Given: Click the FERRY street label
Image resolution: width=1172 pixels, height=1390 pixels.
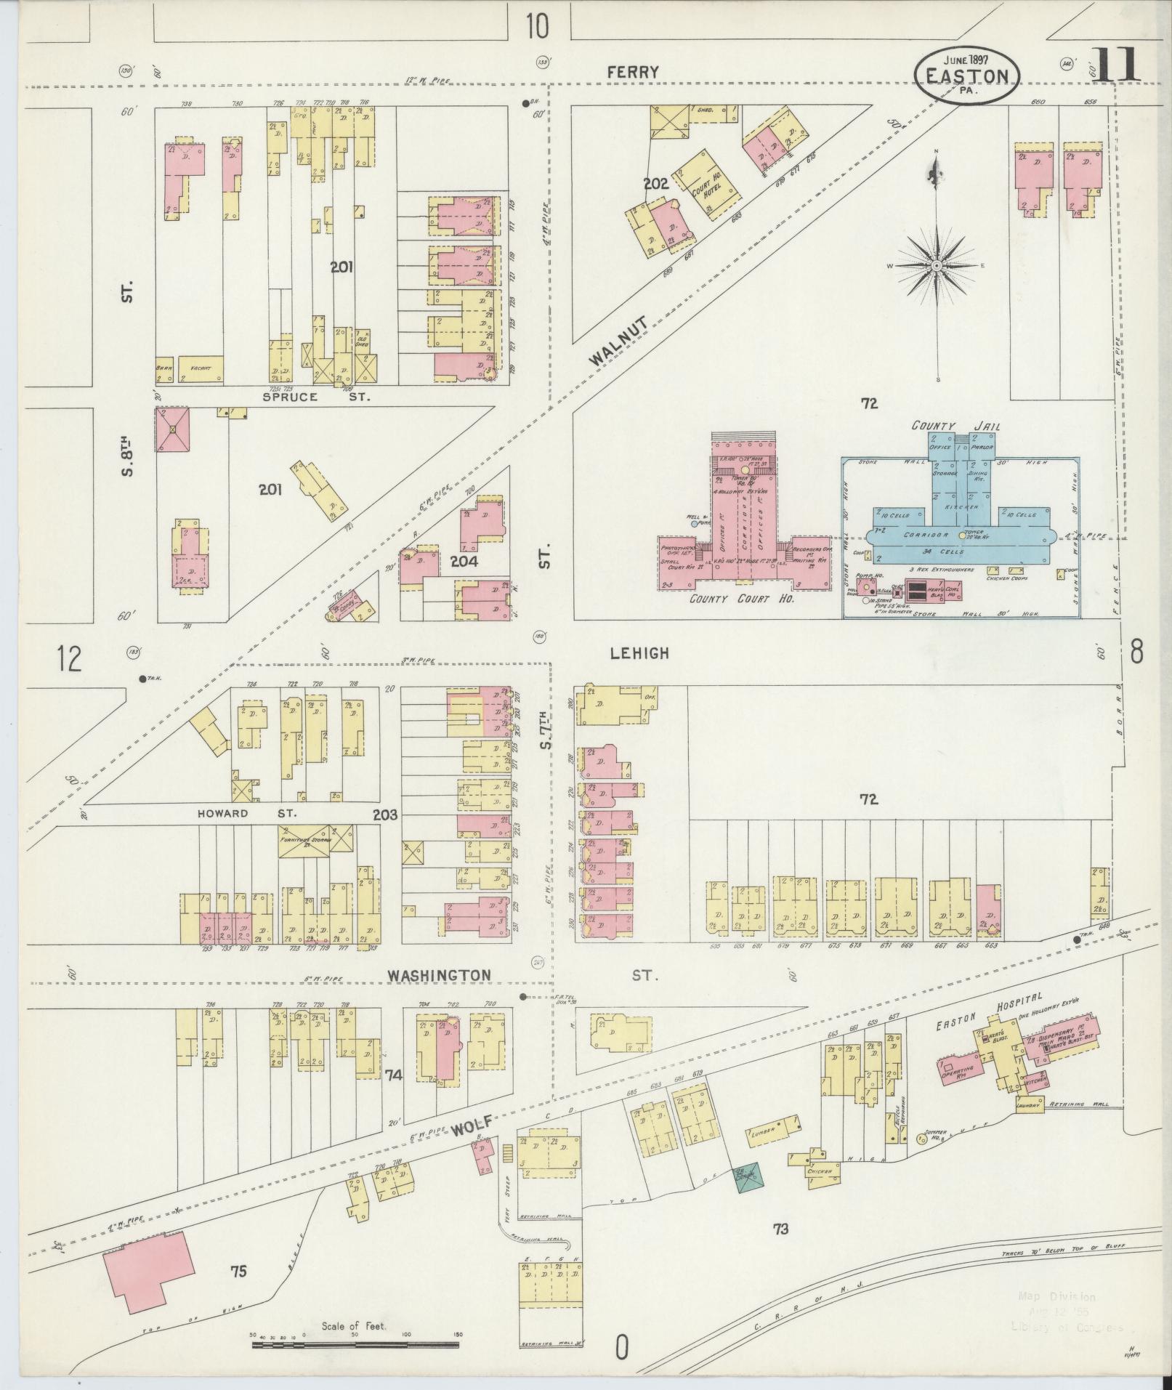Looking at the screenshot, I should point(633,72).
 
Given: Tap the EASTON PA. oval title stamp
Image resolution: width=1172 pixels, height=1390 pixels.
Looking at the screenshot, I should point(966,77).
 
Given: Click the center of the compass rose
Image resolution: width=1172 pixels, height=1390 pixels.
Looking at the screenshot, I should point(937,266).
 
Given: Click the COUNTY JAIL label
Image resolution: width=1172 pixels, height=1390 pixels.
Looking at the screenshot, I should point(955,426).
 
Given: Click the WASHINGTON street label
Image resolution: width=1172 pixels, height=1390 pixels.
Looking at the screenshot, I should point(438,975).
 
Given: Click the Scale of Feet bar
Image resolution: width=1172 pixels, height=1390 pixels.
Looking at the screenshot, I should point(356,1345).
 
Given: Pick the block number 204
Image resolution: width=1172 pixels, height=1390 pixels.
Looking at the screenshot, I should point(463,562).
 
